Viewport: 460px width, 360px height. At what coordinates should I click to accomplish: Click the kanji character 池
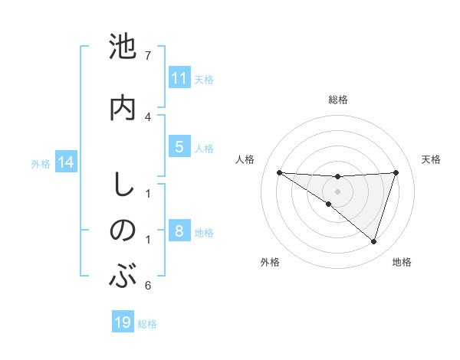pos(123,47)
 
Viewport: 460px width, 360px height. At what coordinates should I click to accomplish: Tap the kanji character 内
pos(123,107)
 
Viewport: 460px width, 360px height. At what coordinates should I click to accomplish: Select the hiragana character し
pos(123,185)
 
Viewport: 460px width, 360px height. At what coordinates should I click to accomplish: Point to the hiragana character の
pos(123,230)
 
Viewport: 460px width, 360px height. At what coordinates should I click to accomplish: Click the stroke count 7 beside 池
pos(148,55)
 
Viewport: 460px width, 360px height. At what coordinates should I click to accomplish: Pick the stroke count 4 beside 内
pos(148,116)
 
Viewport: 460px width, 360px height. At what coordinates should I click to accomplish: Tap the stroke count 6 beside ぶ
pos(148,286)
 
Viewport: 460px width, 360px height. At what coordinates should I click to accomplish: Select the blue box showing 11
pos(179,78)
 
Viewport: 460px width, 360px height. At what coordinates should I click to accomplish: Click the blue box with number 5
pos(179,147)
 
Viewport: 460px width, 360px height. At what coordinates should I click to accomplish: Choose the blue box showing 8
pos(179,231)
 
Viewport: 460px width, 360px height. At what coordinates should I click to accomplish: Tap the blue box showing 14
pos(65,162)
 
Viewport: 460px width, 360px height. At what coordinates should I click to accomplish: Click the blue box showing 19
pos(123,322)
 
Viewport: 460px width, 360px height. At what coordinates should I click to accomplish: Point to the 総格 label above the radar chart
pos(337,100)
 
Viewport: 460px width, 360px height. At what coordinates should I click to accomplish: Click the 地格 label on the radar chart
pos(402,263)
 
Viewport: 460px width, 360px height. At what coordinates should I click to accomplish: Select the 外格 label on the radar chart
pos(270,263)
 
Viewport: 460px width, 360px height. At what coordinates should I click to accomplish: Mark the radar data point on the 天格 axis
pos(396,172)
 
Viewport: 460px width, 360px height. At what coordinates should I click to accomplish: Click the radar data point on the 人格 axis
pos(279,172)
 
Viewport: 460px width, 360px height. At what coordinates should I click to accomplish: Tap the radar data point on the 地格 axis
pos(373,242)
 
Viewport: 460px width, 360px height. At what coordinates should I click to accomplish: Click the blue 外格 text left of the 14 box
pos(40,163)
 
